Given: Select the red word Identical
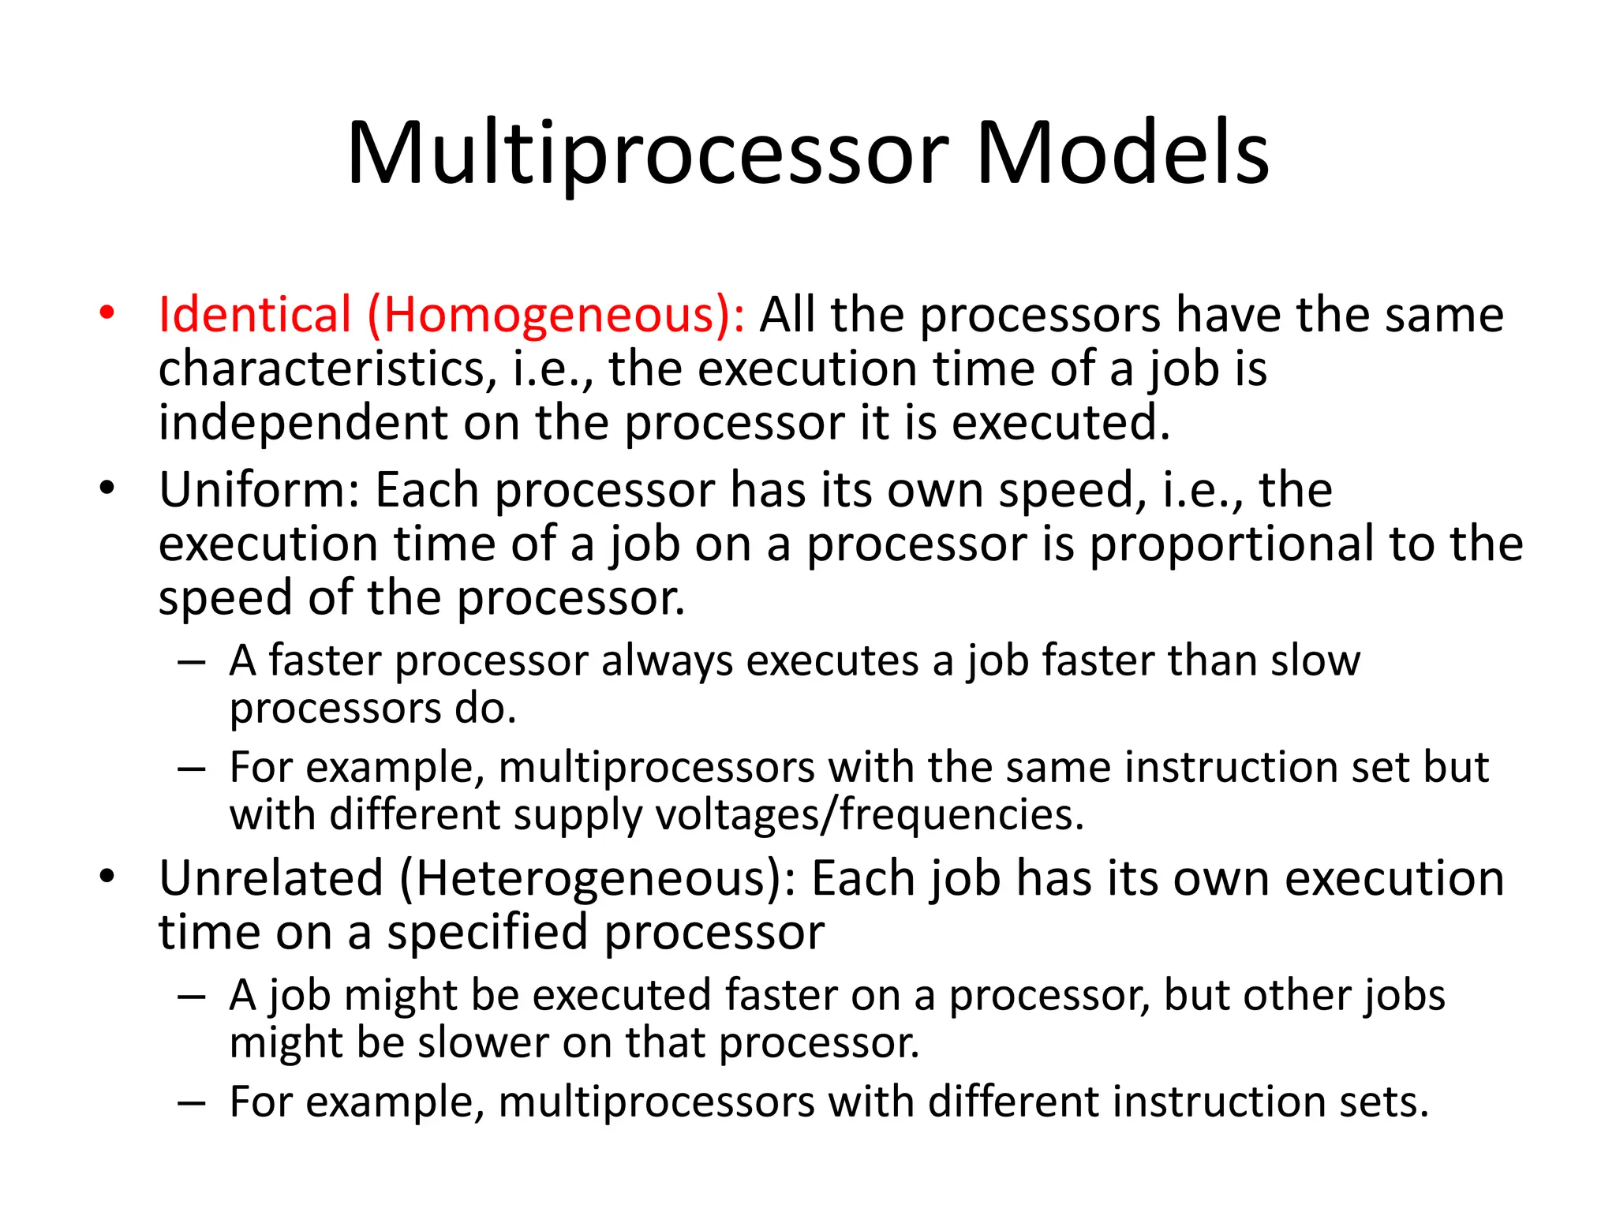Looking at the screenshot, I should point(254,315).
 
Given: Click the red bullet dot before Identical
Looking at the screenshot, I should point(107,313).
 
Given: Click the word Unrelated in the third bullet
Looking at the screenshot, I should point(271,878).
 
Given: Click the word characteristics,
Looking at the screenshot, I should point(328,368).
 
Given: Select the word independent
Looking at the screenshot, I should point(303,422).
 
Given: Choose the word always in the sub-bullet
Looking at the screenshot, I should point(667,660).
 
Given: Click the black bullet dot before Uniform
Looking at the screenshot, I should point(107,488).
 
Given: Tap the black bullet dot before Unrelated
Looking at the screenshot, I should point(107,877).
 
